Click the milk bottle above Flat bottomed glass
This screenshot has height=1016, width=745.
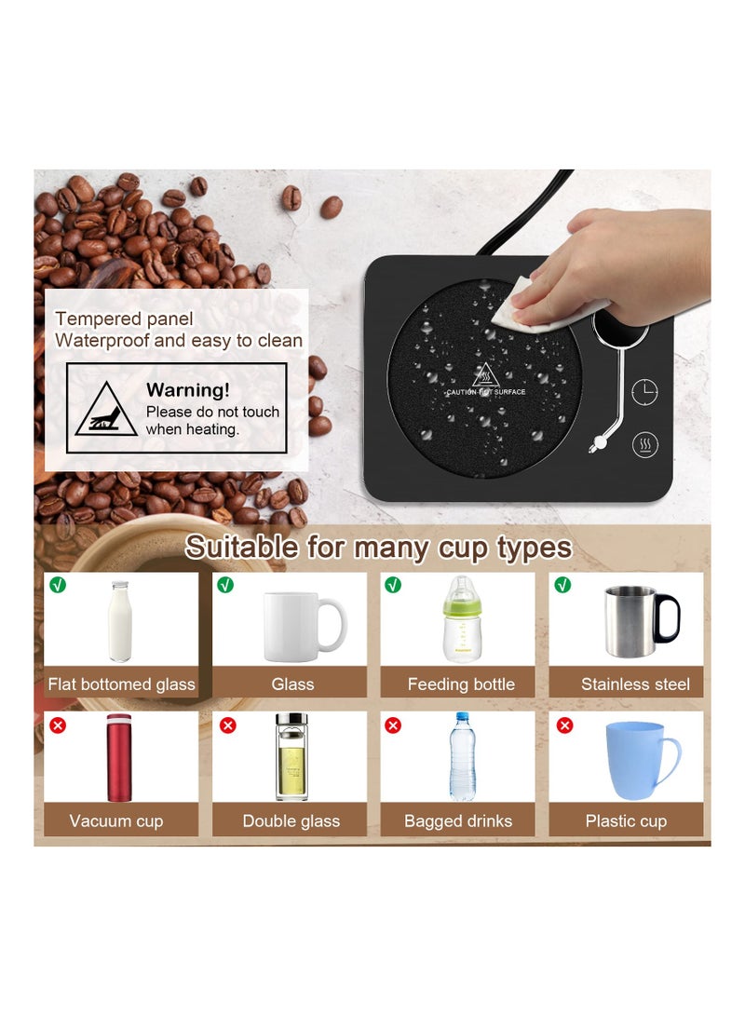(120, 621)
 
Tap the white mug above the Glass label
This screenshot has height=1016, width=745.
(300, 626)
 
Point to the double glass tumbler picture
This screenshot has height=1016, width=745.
(291, 756)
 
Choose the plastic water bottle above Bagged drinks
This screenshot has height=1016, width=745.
(463, 756)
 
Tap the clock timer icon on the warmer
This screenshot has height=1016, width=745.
(644, 393)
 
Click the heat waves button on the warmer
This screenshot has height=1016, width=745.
(645, 445)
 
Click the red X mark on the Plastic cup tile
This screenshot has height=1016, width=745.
(564, 725)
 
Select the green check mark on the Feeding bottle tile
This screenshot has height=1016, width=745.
(394, 585)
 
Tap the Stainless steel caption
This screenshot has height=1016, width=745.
(635, 684)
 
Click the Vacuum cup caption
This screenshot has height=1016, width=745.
(116, 821)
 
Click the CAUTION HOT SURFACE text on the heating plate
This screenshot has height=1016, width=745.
(486, 392)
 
